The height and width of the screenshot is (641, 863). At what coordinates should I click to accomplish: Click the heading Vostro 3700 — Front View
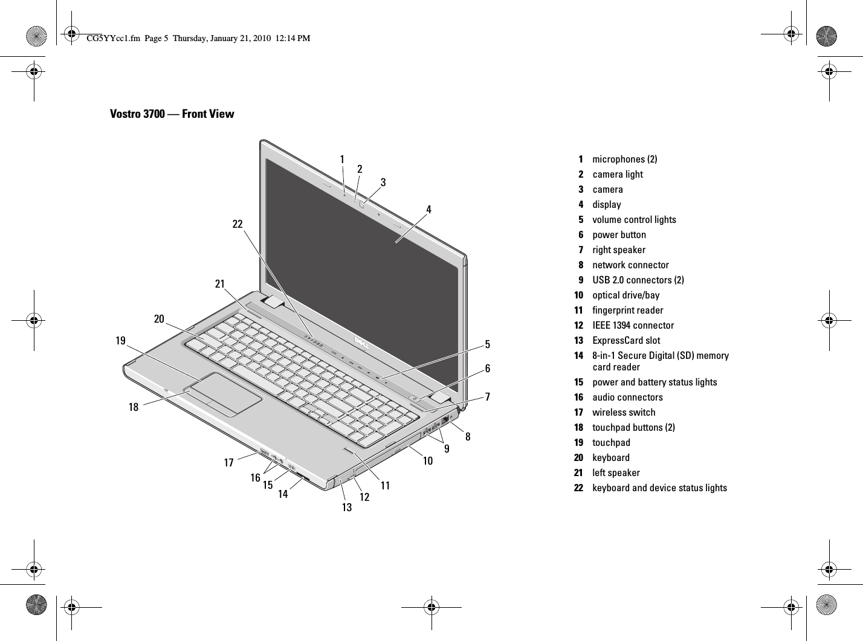point(172,114)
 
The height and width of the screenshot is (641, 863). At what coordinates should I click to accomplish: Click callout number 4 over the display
point(428,210)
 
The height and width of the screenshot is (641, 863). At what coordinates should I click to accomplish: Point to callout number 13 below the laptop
point(346,507)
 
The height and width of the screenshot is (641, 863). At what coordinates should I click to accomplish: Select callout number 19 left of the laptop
point(121,341)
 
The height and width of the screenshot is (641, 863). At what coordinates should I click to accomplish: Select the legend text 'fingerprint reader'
point(627,310)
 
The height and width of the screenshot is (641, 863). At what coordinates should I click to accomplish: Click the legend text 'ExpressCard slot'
point(626,340)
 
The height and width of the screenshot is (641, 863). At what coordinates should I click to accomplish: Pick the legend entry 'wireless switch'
point(624,412)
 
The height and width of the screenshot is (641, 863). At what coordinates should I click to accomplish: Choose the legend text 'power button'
point(619,234)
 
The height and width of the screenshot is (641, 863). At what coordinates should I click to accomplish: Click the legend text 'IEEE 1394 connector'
point(633,325)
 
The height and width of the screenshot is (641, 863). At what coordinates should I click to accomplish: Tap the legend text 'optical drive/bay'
point(625,295)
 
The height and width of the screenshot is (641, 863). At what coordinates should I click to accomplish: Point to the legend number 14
point(579,355)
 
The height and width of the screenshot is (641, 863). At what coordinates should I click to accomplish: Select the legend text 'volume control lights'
point(634,219)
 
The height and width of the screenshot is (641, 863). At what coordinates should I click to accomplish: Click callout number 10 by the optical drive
point(428,461)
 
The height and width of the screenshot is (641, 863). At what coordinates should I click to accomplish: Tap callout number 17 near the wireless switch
point(228,463)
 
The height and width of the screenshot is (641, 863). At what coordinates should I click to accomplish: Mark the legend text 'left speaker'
point(616,472)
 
